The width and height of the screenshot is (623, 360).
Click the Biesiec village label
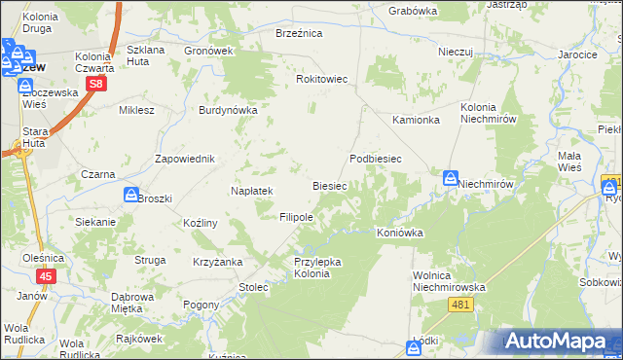tap(329, 185)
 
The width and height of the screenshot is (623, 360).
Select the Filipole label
tap(296, 217)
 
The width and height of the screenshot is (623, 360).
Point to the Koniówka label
tap(400, 233)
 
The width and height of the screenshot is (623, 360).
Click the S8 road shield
tap(95, 85)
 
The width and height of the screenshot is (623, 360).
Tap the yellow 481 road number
tap(462, 306)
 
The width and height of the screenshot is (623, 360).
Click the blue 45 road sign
tap(48, 276)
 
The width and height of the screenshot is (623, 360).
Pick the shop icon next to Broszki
tap(130, 195)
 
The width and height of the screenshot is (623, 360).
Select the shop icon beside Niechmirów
tap(450, 178)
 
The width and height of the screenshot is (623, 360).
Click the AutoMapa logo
tap(559, 341)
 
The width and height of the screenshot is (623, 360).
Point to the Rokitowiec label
tap(321, 79)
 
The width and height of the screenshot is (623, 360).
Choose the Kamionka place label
tap(416, 120)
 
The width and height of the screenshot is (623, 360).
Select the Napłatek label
tap(251, 191)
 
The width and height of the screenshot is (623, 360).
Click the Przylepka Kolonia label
tap(312, 268)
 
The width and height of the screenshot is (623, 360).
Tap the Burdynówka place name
tap(228, 110)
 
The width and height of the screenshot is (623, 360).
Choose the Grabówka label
tap(413, 11)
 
